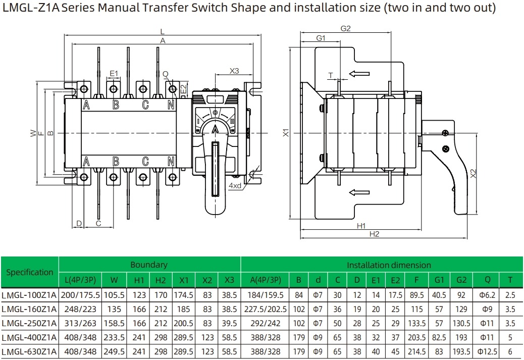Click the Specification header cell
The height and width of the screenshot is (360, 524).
pyautogui.click(x=29, y=272)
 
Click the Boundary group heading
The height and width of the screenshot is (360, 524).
pyautogui.click(x=149, y=265)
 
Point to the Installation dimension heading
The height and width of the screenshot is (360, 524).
pyautogui.click(x=389, y=265)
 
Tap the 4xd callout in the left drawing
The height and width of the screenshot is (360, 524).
pyautogui.click(x=235, y=186)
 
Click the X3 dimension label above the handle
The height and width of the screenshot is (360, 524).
pyautogui.click(x=234, y=71)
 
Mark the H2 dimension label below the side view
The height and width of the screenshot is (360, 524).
pyautogui.click(x=374, y=234)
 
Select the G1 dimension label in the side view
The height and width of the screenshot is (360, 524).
pyautogui.click(x=321, y=38)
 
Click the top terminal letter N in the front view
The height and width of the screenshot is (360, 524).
pyautogui.click(x=172, y=105)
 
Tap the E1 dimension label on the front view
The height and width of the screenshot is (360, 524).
pyautogui.click(x=114, y=74)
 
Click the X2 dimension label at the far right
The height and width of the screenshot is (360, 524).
pyautogui.click(x=473, y=173)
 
